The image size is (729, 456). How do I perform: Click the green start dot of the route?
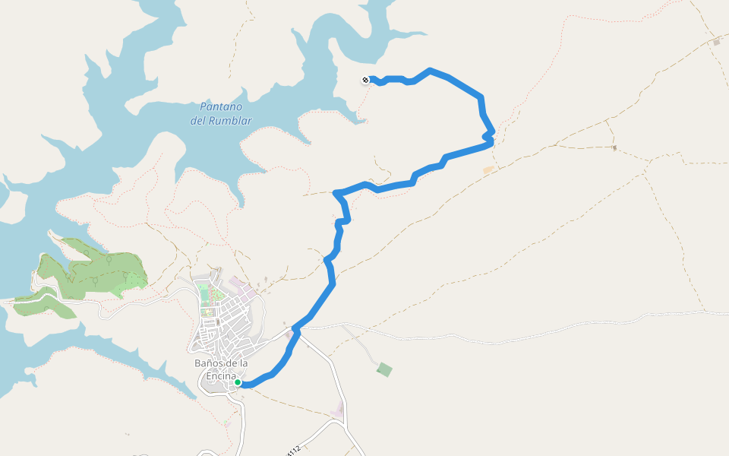(238, 382)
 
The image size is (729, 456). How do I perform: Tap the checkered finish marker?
(365, 80)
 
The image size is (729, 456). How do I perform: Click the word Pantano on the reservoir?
(220, 107)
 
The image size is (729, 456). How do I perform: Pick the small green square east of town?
(385, 369)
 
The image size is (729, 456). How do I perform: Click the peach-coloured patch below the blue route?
(488, 169)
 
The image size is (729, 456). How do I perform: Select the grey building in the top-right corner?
(716, 43)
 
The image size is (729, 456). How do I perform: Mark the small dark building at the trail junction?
(614, 147)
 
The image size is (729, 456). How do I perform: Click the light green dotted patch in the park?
(134, 281)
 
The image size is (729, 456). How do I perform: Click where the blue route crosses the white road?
(295, 331)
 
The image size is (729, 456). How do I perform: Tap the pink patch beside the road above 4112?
(338, 409)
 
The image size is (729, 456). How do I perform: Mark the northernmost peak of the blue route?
(431, 71)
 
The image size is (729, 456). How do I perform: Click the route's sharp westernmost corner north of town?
(336, 193)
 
